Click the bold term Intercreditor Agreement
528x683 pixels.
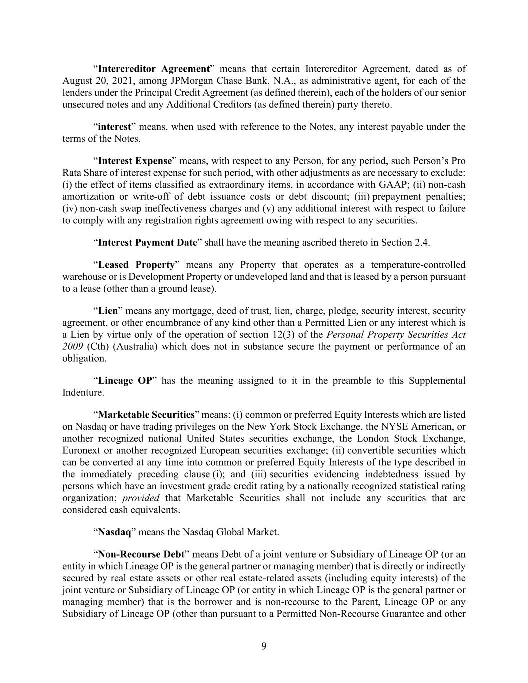tap(153, 69)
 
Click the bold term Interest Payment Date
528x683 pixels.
tap(147, 243)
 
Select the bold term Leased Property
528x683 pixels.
tap(136, 265)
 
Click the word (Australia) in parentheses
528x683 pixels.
tap(129, 347)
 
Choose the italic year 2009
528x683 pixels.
tap(73, 347)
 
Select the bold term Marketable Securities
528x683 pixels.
tap(146, 415)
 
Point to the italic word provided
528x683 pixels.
tap(141, 498)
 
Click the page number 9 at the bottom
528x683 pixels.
tap(264, 646)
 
